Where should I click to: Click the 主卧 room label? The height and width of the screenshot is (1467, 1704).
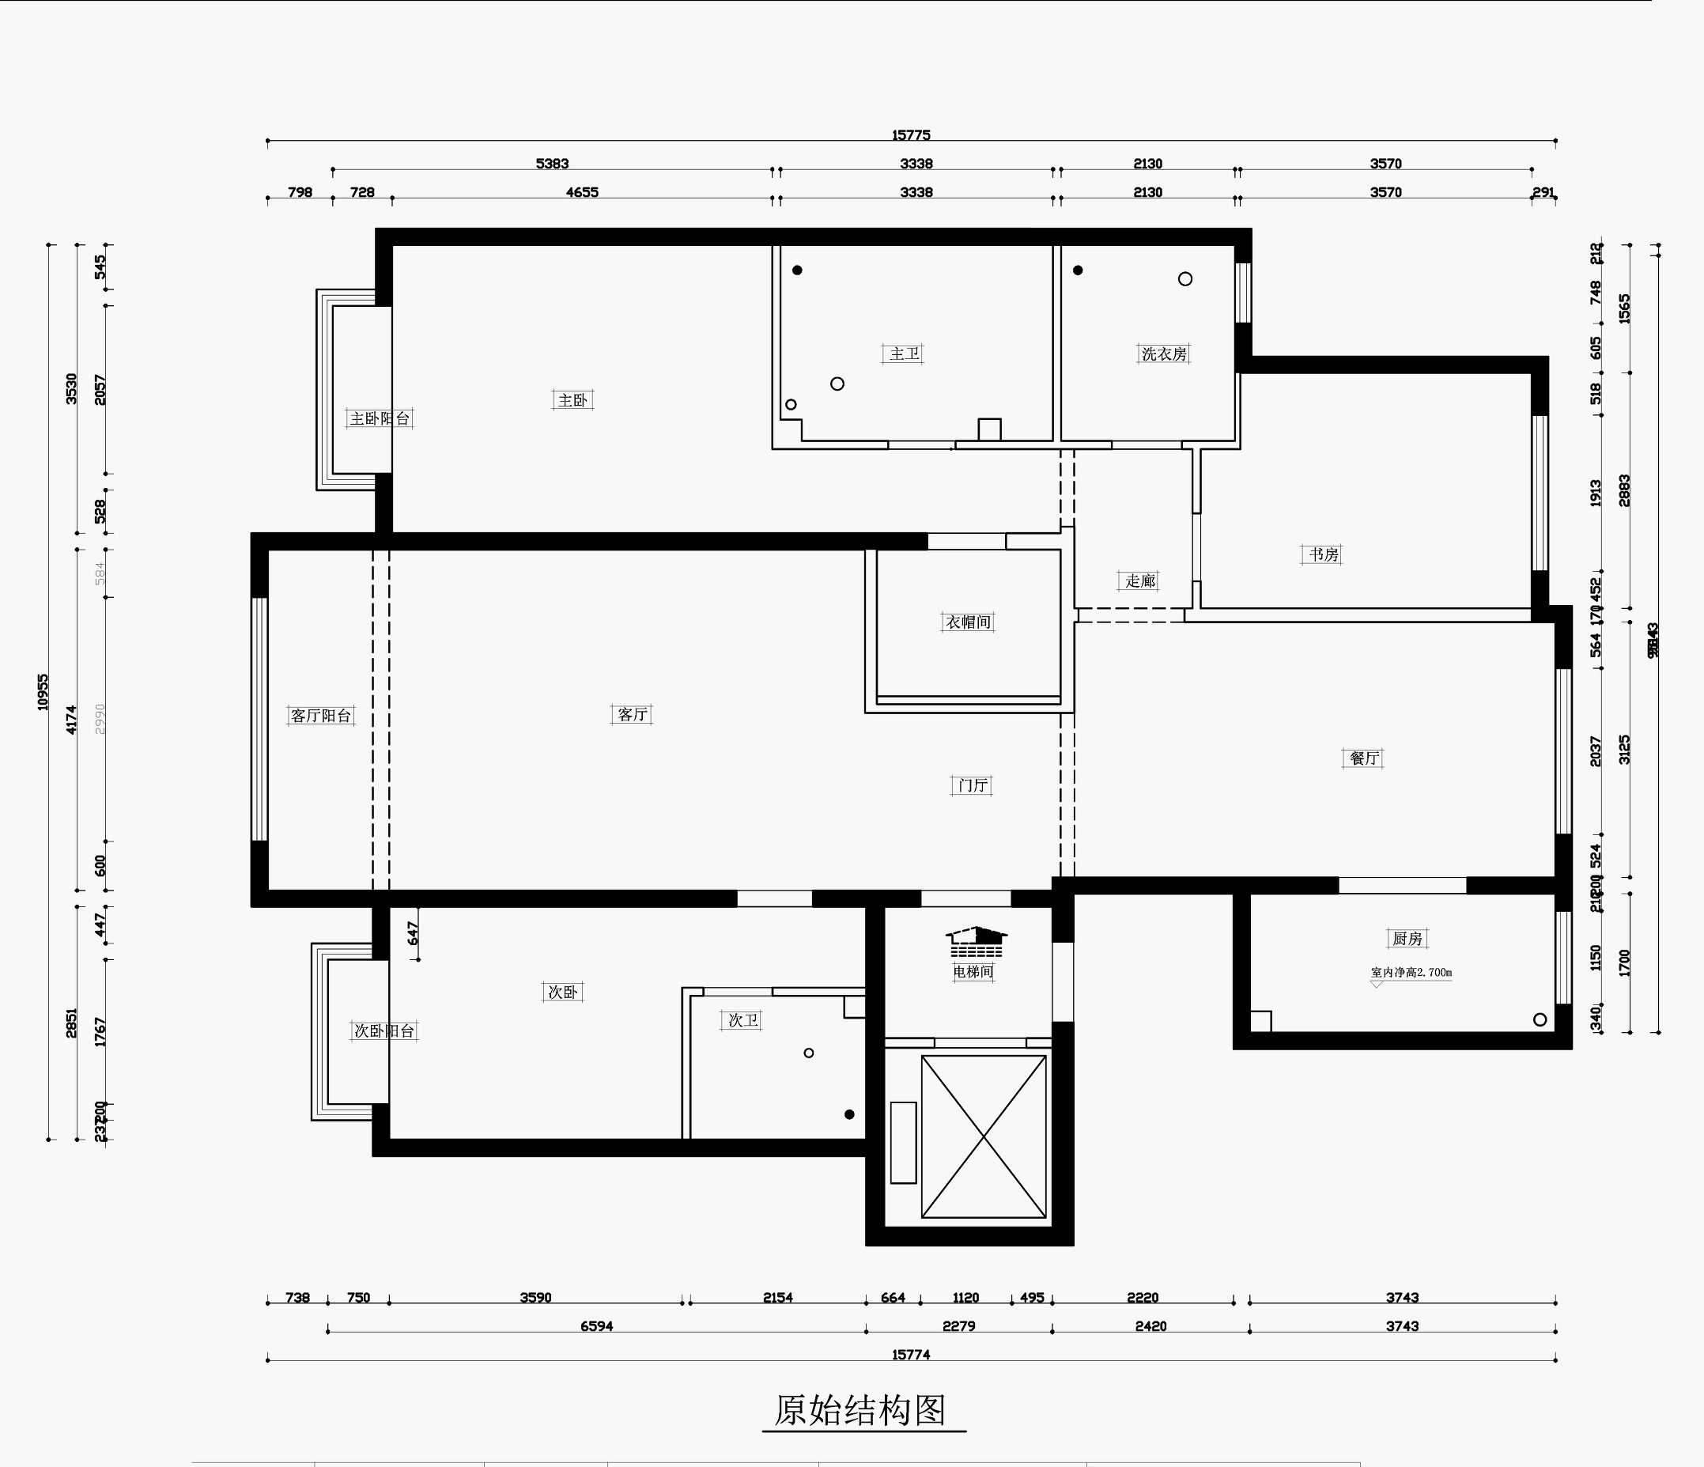click(x=572, y=400)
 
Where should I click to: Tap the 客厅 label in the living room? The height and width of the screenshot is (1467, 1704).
click(x=632, y=715)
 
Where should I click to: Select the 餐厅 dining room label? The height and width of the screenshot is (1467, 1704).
click(x=1362, y=758)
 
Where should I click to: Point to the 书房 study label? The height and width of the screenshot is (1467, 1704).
click(x=1323, y=555)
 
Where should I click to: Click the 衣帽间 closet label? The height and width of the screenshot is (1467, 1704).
click(x=968, y=622)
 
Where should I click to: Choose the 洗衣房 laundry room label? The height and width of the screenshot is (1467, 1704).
click(x=1164, y=354)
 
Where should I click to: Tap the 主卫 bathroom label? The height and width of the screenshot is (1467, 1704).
click(x=905, y=354)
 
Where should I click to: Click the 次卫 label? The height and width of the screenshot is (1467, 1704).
click(x=742, y=1020)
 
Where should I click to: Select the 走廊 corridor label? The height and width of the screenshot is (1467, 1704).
click(x=1140, y=581)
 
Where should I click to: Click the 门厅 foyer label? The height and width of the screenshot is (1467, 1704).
click(x=972, y=785)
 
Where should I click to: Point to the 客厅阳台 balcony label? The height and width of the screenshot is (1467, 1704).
click(x=321, y=716)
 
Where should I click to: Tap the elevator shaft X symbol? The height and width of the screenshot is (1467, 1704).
click(x=984, y=1136)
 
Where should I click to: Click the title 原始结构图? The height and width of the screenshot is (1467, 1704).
click(x=860, y=1411)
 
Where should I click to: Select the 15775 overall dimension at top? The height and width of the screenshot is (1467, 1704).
click(x=910, y=135)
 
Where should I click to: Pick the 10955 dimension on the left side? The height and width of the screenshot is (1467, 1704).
click(x=43, y=693)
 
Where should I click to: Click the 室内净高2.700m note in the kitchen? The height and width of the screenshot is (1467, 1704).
click(x=1411, y=973)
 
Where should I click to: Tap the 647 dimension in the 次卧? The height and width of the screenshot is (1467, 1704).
click(x=413, y=932)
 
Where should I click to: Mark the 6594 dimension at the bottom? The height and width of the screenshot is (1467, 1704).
click(x=596, y=1326)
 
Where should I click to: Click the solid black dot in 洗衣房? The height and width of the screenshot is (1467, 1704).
click(x=1077, y=270)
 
